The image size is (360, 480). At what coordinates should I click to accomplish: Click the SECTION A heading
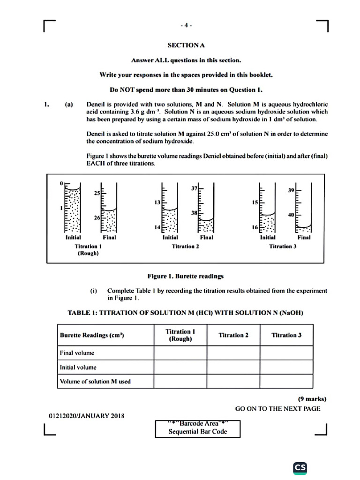tap(186, 45)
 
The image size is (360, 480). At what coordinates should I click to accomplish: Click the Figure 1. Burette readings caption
tap(185, 276)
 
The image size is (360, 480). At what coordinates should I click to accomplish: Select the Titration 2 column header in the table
tap(233, 335)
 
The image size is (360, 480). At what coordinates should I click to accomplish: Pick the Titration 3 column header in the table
tap(286, 335)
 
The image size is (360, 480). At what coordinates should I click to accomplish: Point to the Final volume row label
tap(77, 353)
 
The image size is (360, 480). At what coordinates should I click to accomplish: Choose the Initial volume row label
tap(78, 367)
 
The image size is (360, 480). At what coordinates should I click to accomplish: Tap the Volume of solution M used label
tap(95, 381)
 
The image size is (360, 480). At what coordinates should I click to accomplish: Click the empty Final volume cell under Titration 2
tap(233, 353)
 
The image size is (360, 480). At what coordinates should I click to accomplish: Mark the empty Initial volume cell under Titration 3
tap(286, 367)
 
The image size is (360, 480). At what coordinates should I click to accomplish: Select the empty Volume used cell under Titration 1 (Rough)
tap(180, 381)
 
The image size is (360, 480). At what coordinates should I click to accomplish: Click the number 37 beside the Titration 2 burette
tap(194, 188)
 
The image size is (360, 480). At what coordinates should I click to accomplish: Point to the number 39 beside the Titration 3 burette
tap(292, 190)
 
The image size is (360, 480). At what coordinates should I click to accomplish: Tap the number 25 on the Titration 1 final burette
tap(97, 193)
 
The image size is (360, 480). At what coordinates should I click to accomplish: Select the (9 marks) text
tap(312, 399)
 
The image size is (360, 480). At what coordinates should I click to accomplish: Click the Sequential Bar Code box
tap(197, 428)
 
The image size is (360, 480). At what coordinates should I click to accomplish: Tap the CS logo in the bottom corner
tap(300, 468)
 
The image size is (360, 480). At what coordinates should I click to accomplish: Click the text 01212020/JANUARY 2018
tap(87, 415)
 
